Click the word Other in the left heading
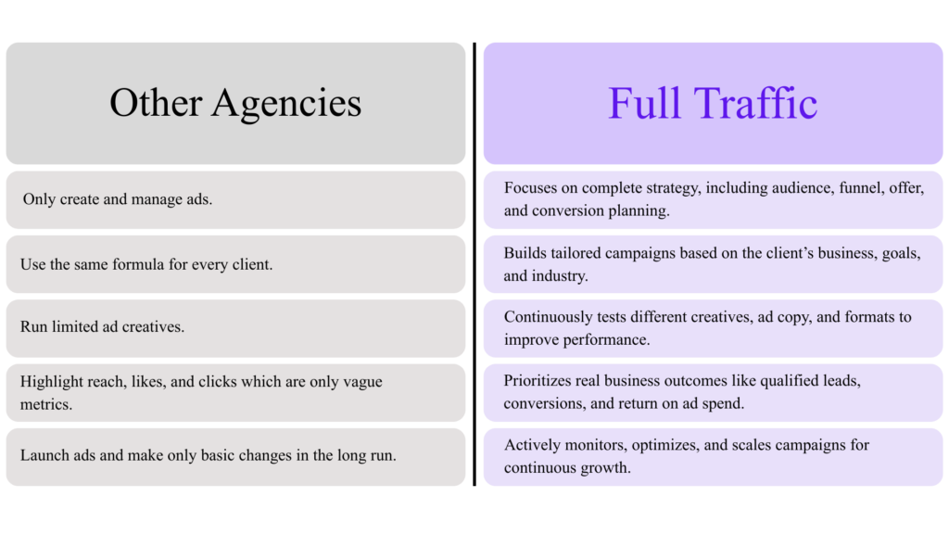(x=156, y=102)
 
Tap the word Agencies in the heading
(x=286, y=104)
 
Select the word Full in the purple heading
(x=645, y=103)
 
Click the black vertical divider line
(x=474, y=264)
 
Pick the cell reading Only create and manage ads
(x=235, y=200)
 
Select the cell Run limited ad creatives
(x=235, y=328)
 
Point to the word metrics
(x=46, y=404)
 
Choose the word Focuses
(x=530, y=187)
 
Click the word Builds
(x=525, y=253)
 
